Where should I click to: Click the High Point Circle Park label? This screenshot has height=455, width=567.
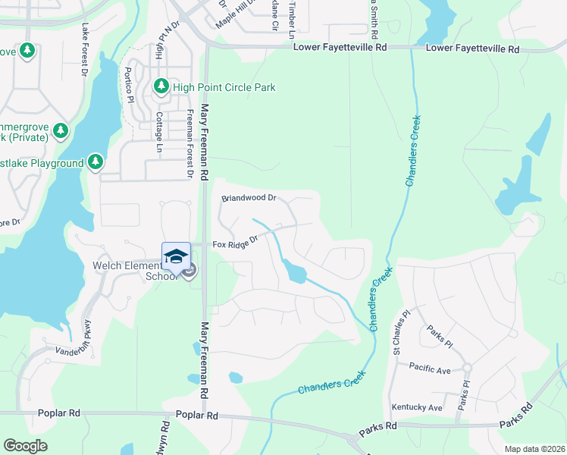click(x=224, y=87)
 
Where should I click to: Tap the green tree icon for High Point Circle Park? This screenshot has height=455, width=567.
click(x=161, y=87)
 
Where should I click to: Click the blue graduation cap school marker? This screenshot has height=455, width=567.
click(x=176, y=256)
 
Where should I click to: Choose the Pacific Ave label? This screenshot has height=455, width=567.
click(x=430, y=369)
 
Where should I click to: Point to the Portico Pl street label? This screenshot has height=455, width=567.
click(x=128, y=86)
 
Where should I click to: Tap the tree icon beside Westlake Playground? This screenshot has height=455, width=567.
click(x=95, y=163)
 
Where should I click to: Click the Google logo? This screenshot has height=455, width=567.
click(x=26, y=446)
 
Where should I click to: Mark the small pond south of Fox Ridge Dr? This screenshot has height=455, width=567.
click(x=294, y=271)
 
